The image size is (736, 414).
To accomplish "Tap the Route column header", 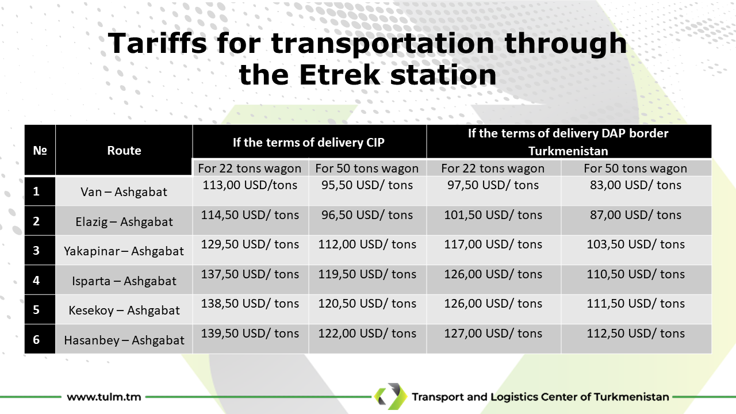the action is tap(124, 151).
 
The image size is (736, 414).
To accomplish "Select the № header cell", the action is tap(40, 151).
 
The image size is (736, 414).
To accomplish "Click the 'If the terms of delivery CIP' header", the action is tap(309, 142).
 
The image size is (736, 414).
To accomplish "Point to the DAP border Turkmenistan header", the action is tap(568, 142).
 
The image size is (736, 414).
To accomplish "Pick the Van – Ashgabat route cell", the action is tap(124, 192).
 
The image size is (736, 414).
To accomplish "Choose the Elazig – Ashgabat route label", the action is tap(124, 222).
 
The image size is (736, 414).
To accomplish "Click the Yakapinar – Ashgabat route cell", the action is tap(124, 251).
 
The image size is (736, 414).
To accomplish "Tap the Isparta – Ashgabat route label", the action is tap(124, 281).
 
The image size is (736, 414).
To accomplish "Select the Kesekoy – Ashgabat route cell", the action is tap(124, 310).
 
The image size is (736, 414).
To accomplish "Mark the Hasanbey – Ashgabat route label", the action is tap(124, 340).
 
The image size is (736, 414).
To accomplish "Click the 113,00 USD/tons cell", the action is tap(250, 185).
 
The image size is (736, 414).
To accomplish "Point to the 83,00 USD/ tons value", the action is tap(635, 185).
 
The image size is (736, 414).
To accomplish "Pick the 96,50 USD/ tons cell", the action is tap(367, 215).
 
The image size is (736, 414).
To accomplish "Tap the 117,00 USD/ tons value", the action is tap(493, 244).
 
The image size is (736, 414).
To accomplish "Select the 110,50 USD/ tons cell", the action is tap(635, 274).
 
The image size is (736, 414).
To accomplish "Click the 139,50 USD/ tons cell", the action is tap(250, 333).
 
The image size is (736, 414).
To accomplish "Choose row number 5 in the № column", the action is tap(36, 310).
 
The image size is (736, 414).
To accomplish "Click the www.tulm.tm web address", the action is tap(104, 397).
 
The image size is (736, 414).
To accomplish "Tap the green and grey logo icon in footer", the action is tap(390, 396).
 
